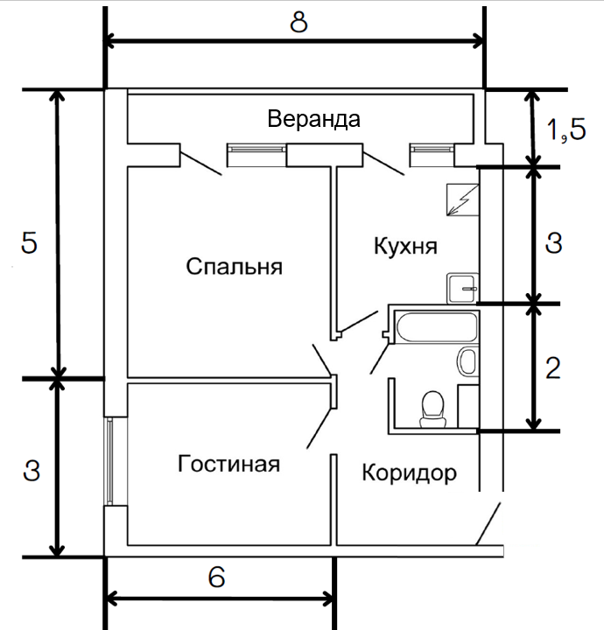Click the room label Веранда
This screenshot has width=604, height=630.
pyautogui.click(x=314, y=119)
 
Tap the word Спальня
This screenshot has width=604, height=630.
pyautogui.click(x=235, y=266)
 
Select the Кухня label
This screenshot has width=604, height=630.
pyautogui.click(x=405, y=246)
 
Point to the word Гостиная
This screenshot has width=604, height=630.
pyautogui.click(x=228, y=463)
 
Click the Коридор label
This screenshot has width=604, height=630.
pyautogui.click(x=410, y=472)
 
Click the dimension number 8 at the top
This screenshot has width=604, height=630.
pyautogui.click(x=298, y=22)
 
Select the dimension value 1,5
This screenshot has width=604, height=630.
pyautogui.click(x=566, y=129)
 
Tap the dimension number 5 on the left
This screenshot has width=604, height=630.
pyautogui.click(x=29, y=242)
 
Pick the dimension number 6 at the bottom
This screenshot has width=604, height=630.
pyautogui.click(x=216, y=577)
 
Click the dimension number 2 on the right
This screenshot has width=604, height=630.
pyautogui.click(x=553, y=367)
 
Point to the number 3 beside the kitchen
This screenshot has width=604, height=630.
pyautogui.click(x=554, y=242)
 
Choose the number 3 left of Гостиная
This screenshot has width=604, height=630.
pyautogui.click(x=32, y=471)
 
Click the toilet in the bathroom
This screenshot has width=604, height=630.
pyautogui.click(x=432, y=409)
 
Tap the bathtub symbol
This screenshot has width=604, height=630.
pyautogui.click(x=437, y=326)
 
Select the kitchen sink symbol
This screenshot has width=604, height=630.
pyautogui.click(x=462, y=288)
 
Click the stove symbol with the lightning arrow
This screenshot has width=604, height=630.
pyautogui.click(x=462, y=199)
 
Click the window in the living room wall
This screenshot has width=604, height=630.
pyautogui.click(x=109, y=461)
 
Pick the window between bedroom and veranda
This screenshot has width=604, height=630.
pyautogui.click(x=256, y=155)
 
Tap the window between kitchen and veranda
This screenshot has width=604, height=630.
pyautogui.click(x=432, y=155)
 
